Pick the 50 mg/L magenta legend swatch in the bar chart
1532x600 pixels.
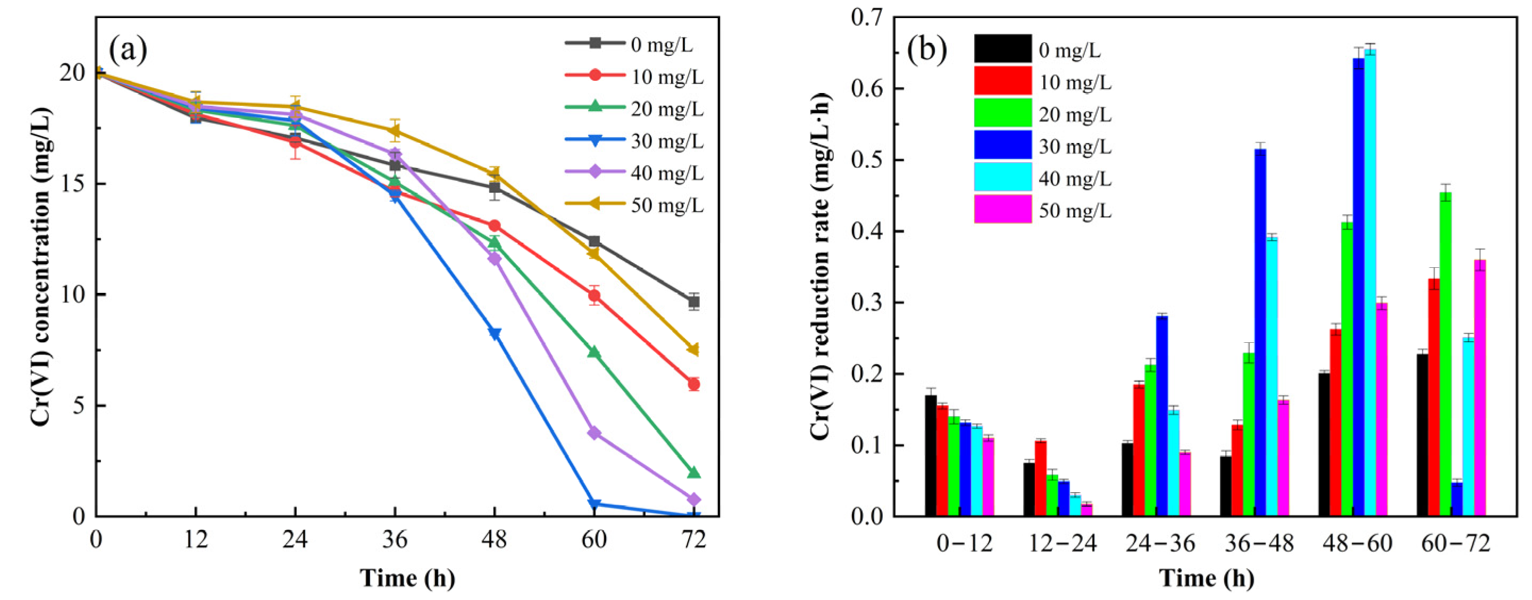click(1003, 209)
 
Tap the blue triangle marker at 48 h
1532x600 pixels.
click(494, 334)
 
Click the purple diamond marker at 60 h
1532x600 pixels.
click(593, 433)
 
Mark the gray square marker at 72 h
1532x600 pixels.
click(693, 302)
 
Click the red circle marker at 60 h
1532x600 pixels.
click(593, 295)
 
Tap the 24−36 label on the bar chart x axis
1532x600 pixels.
click(1160, 544)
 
